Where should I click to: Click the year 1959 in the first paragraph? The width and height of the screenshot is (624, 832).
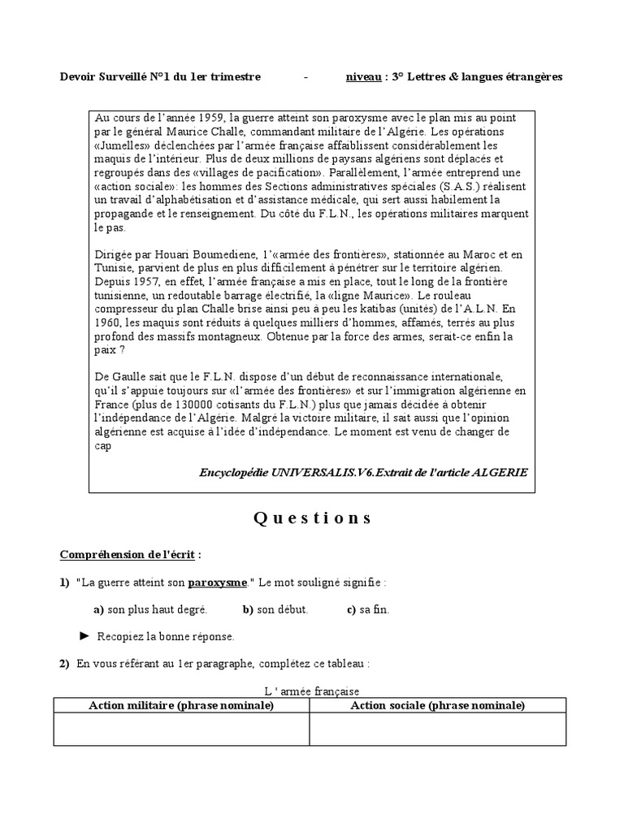pyautogui.click(x=213, y=118)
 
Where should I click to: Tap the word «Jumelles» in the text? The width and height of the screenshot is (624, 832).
pyautogui.click(x=123, y=144)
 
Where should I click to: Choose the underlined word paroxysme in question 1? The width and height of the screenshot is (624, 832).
pyautogui.click(x=219, y=583)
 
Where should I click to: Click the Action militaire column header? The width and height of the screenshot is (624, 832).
pyautogui.click(x=181, y=705)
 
